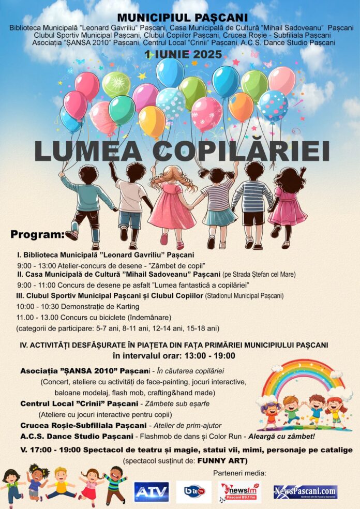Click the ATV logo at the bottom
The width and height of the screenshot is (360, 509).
pyautogui.click(x=151, y=492)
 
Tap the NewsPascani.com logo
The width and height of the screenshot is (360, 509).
pyautogui.click(x=305, y=492)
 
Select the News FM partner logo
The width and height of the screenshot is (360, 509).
pyautogui.click(x=239, y=492)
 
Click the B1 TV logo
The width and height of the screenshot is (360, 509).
pyautogui.click(x=193, y=492)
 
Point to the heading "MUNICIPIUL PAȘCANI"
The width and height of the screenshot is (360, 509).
pyautogui.click(x=179, y=18)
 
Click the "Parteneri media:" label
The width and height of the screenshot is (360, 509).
pyautogui.click(x=239, y=473)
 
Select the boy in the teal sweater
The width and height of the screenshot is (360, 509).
pyautogui.click(x=86, y=204)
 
